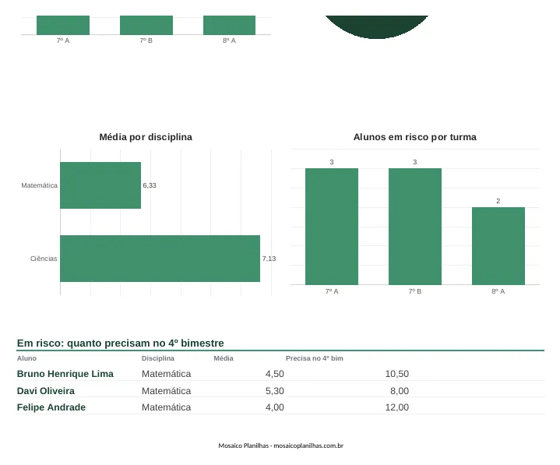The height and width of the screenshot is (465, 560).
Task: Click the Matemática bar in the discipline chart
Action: pos(100,185)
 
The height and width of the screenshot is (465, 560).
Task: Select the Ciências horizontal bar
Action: pos(160,259)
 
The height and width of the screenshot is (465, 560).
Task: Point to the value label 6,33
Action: pos(150,185)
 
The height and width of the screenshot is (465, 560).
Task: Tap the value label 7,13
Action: pos(269,259)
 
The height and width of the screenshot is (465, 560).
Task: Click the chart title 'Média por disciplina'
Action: pos(146,137)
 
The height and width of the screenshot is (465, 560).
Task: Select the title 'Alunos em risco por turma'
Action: pos(415,137)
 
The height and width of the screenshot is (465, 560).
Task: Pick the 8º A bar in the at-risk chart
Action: pos(498,246)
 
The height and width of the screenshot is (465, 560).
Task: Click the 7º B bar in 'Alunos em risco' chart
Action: pos(415,227)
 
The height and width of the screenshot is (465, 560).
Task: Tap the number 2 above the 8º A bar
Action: pos(498,201)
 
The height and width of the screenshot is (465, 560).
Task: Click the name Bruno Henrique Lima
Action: pos(65,374)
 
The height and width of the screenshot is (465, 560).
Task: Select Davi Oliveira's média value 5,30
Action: pos(275,391)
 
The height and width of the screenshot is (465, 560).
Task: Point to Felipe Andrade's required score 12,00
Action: pos(397,407)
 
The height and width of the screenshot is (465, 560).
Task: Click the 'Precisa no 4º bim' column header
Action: pos(315,358)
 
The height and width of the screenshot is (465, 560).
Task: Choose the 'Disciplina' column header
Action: pos(158,358)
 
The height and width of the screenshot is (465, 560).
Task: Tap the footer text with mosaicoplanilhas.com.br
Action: pos(281,446)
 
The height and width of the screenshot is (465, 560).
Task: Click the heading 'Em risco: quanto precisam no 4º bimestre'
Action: pos(121,343)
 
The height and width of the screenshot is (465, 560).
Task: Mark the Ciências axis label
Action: pos(44,259)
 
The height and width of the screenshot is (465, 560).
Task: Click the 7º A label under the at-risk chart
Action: pos(332,291)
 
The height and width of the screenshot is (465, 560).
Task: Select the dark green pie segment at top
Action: pos(377,26)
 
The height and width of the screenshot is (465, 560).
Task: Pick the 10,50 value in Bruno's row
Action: pos(397,374)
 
